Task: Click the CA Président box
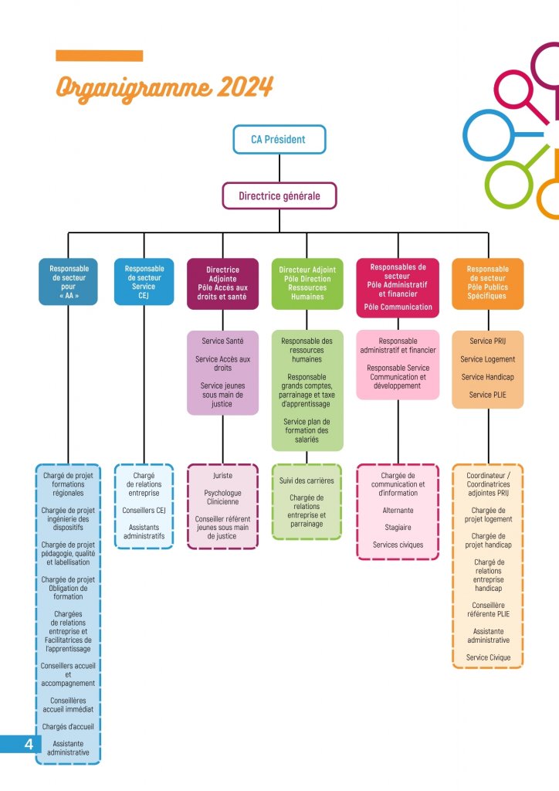pyautogui.click(x=279, y=140)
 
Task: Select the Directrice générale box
pyautogui.click(x=279, y=196)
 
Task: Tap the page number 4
pyautogui.click(x=29, y=744)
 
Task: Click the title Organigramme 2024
pyautogui.click(x=164, y=87)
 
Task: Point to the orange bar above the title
pyautogui.click(x=100, y=56)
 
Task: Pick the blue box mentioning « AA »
pyautogui.click(x=69, y=282)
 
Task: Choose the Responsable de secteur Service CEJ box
pyautogui.click(x=144, y=282)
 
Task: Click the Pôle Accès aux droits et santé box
pyautogui.click(x=222, y=283)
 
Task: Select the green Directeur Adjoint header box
pyautogui.click(x=307, y=283)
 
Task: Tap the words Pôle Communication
pyautogui.click(x=398, y=307)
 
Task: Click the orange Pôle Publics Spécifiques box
pyautogui.click(x=487, y=282)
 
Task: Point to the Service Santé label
pyautogui.click(x=222, y=341)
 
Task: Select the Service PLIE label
pyautogui.click(x=487, y=395)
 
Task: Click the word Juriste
pyautogui.click(x=222, y=476)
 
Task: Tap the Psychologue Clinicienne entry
pyautogui.click(x=222, y=497)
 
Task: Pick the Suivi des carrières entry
pyautogui.click(x=307, y=480)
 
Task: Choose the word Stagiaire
pyautogui.click(x=398, y=528)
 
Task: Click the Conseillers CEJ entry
pyautogui.click(x=144, y=510)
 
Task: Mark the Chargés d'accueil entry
pyautogui.click(x=68, y=726)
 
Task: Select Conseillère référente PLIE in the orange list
pyautogui.click(x=487, y=609)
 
